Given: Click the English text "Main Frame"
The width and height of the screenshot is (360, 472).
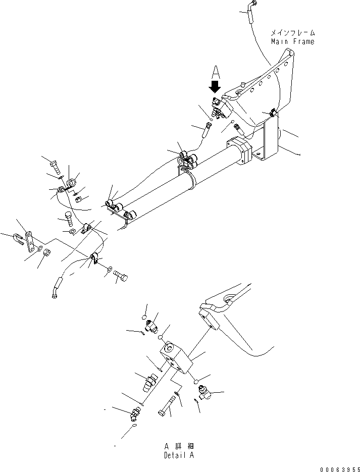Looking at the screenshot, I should click(292, 41).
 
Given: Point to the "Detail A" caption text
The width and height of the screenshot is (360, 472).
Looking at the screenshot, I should click(179, 455).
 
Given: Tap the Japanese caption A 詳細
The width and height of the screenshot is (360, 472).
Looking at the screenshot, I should click(179, 446).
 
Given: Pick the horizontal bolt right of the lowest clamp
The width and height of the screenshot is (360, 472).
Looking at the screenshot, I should click(122, 276).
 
